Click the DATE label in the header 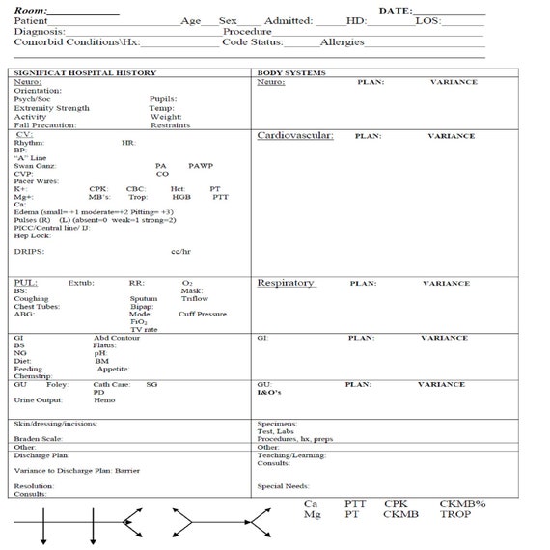pos(395,9)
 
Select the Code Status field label pos(252,42)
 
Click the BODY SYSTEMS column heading pos(291,73)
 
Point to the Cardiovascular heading pos(294,136)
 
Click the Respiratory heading pos(285,283)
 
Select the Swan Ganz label pos(35,165)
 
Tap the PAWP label pos(201,165)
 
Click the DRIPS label pos(28,252)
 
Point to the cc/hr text pos(180,252)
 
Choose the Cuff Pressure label pos(203,314)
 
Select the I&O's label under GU pos(268,393)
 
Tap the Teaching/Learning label pos(291,454)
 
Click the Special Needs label pos(283,486)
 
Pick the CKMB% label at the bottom pos(462,503)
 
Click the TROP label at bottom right pos(454,515)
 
